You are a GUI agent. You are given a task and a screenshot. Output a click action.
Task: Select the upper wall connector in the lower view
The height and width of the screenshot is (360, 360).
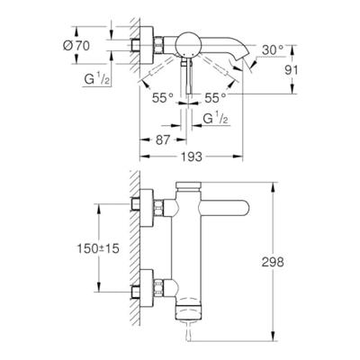(144, 203)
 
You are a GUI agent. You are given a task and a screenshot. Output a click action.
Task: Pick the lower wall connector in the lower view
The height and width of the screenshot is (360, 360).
(144, 290)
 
